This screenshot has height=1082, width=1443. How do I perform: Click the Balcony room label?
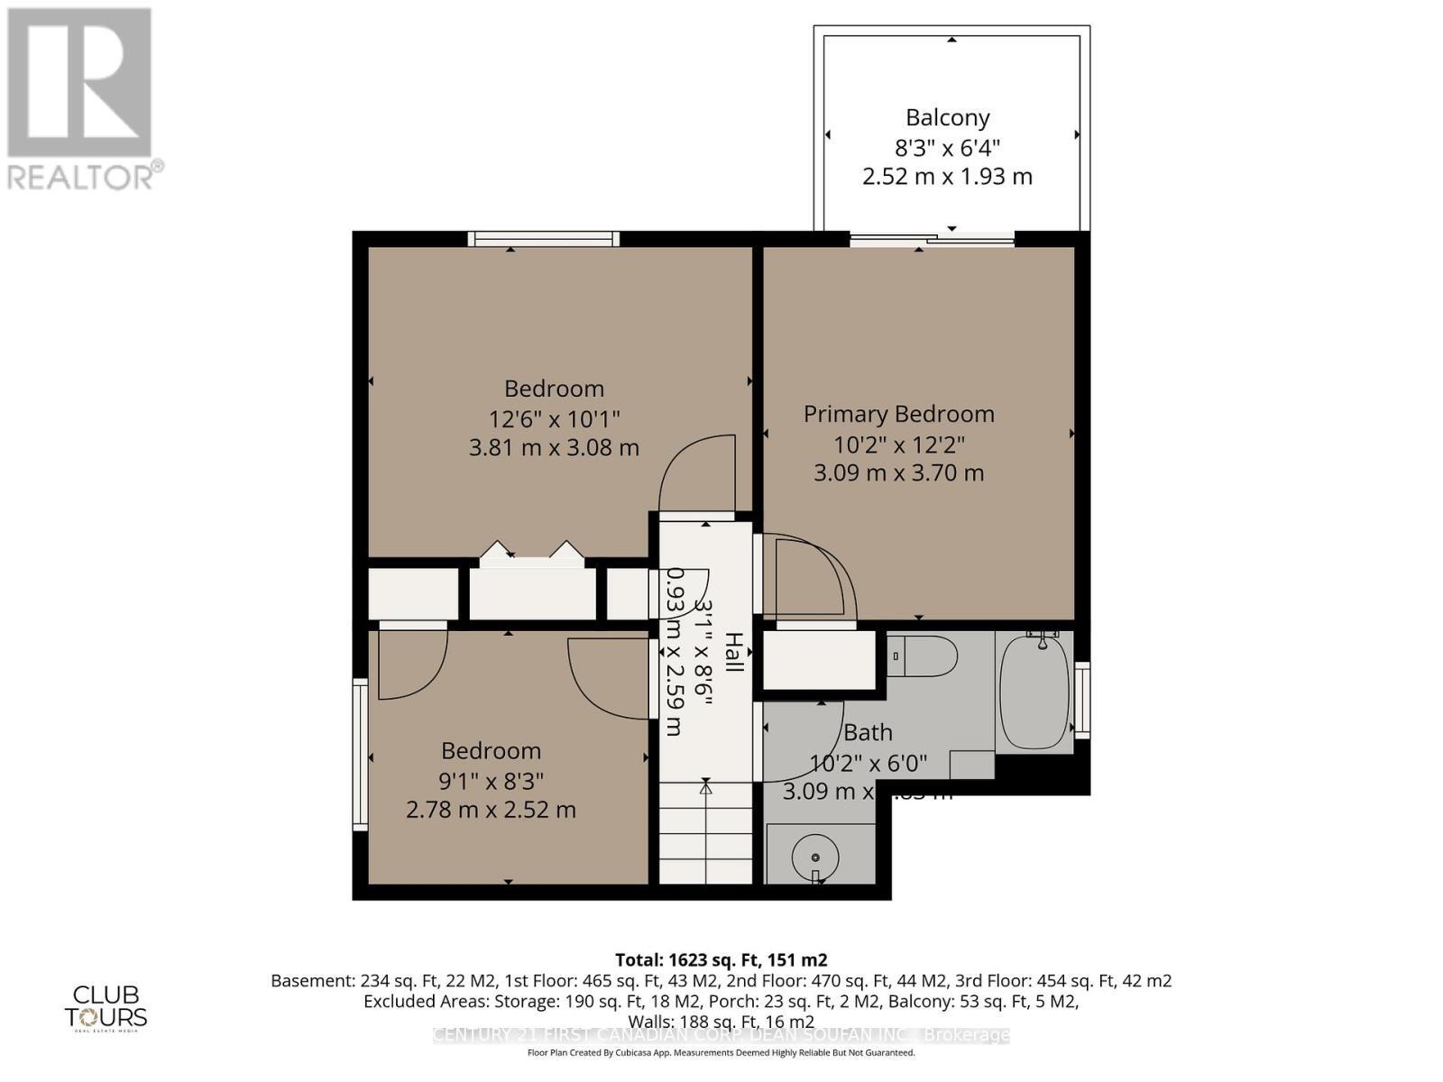click(x=947, y=117)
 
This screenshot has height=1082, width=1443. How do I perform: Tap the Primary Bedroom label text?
click(x=898, y=414)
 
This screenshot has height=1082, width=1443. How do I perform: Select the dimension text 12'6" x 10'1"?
click(x=554, y=418)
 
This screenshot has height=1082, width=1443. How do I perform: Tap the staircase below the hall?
click(x=705, y=834)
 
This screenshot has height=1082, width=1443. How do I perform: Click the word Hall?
click(x=734, y=652)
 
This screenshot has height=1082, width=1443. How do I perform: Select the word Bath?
click(x=868, y=732)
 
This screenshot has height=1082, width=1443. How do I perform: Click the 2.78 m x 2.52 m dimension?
click(x=491, y=810)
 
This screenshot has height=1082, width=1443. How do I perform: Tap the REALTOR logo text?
click(x=85, y=175)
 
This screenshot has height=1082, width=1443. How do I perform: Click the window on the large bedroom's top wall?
click(x=543, y=239)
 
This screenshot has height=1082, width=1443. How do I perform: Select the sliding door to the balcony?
click(x=932, y=239)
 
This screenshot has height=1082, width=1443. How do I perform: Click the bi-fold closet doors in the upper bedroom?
click(x=532, y=555)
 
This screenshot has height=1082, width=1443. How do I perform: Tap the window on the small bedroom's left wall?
click(x=360, y=755)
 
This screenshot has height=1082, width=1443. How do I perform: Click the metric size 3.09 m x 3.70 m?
click(x=898, y=472)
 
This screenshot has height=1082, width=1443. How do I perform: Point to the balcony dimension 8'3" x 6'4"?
click(x=947, y=147)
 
